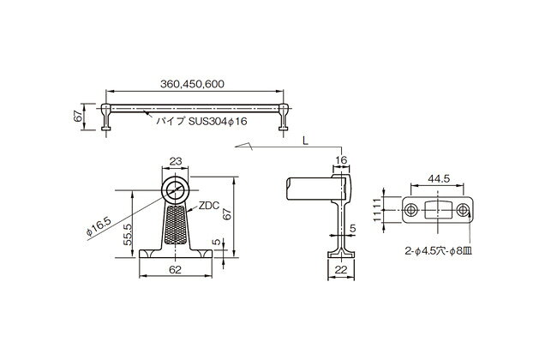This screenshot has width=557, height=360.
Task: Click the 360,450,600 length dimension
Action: pos(192,84)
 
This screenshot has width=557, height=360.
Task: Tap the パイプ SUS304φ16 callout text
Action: pos(201,122)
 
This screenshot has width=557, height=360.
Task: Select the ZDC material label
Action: pos(209,206)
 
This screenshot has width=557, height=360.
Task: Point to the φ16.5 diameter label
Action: pos(99,227)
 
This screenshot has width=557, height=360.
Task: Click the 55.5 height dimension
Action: pos(128,234)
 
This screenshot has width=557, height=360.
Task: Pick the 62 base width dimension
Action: pos(175,270)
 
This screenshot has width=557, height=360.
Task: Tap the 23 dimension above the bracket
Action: pos(176,161)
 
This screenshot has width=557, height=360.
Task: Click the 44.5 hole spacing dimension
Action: pos(439,179)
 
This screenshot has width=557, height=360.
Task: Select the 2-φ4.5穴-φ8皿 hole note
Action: pos(439,252)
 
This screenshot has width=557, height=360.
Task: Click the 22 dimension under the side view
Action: pos(341,270)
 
